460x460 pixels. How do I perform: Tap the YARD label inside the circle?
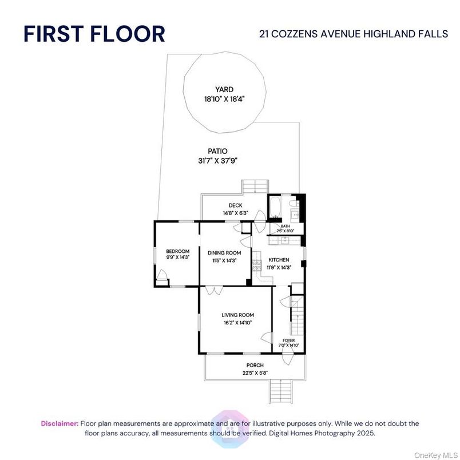pyautogui.click(x=224, y=89)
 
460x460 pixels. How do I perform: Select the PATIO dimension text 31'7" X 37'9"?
pyautogui.click(x=213, y=161)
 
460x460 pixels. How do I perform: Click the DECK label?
pyautogui.click(x=236, y=205)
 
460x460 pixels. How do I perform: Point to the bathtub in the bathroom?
pyautogui.click(x=275, y=208)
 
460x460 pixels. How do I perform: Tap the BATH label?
pyautogui.click(x=285, y=227)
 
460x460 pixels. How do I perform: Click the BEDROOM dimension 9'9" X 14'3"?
pyautogui.click(x=177, y=258)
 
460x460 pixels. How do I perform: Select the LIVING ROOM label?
pyautogui.click(x=238, y=315)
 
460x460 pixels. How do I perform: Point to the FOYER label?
pyautogui.click(x=288, y=340)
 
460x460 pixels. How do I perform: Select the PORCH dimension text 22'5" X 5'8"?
pyautogui.click(x=255, y=373)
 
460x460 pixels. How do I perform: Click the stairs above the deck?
pyautogui.click(x=255, y=187)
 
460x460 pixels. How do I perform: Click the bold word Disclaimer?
pyautogui.click(x=60, y=423)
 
